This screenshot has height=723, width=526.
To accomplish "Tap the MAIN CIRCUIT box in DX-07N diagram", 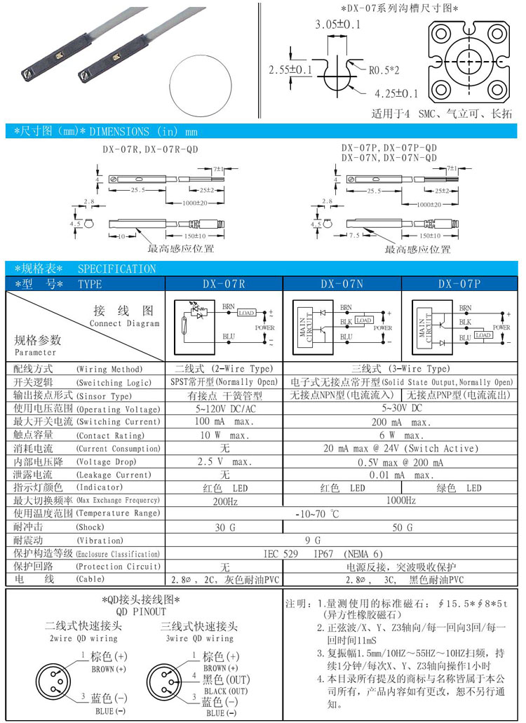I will tap(302, 326).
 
